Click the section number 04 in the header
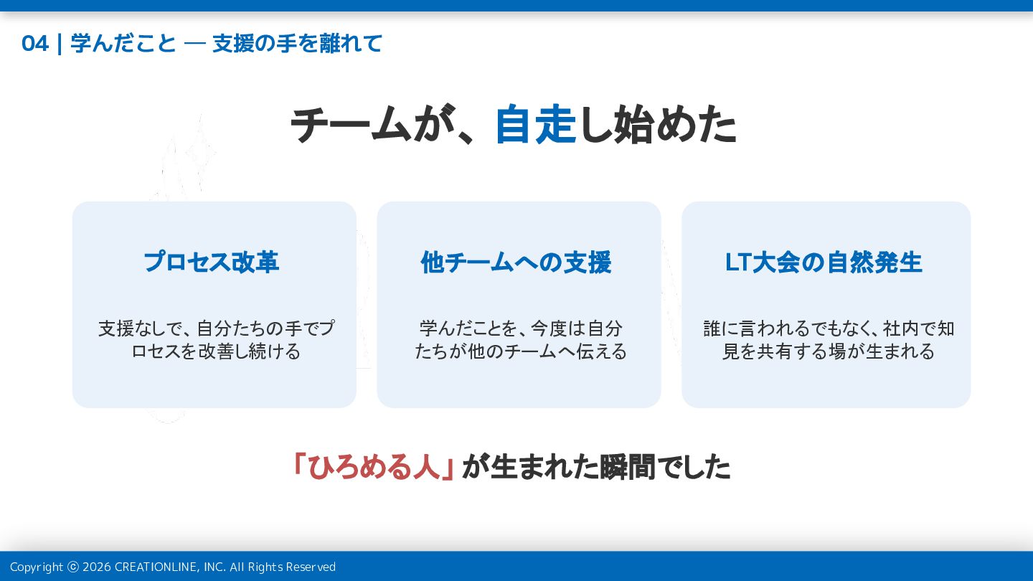pos(35,44)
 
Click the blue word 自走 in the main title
pos(535,125)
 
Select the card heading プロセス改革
pos(212,262)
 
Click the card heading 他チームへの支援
pos(516,263)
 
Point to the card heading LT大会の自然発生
pos(824,263)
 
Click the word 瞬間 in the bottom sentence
pos(627,467)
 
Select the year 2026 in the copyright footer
pos(97,567)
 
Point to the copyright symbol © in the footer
pos(73,567)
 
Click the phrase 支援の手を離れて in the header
pos(298,44)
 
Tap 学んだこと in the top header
pos(123,44)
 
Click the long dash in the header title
pos(194,44)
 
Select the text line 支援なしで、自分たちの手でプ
pos(217,329)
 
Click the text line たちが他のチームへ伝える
pos(521,351)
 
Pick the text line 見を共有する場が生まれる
pos(829,351)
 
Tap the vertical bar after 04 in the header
pos(60,44)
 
